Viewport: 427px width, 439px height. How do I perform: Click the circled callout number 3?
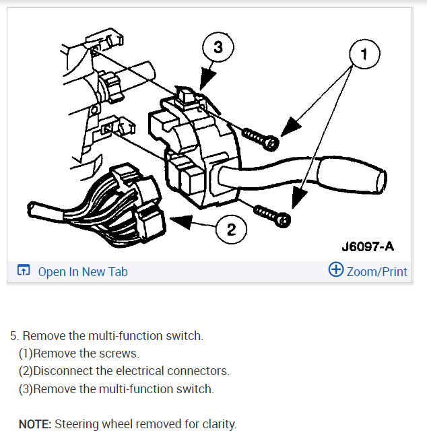click(218, 48)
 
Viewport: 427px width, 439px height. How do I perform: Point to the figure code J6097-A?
click(367, 246)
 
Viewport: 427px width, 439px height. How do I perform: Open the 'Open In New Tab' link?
click(82, 272)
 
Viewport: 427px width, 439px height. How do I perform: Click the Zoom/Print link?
click(376, 272)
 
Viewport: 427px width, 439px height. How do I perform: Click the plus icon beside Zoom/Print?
click(335, 271)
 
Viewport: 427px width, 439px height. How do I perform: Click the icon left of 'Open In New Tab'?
click(24, 271)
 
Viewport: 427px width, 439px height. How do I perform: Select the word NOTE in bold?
click(34, 424)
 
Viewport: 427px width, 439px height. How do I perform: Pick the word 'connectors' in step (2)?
click(202, 371)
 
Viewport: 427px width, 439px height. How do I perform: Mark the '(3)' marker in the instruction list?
click(26, 389)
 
